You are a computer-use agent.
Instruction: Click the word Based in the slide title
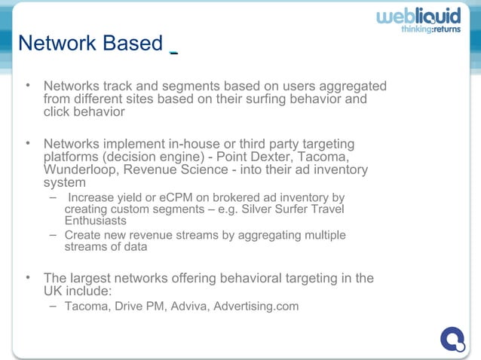(133, 44)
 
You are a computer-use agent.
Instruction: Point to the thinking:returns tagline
(430, 30)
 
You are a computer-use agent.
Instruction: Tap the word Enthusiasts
(96, 221)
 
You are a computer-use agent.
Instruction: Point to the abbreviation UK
(54, 290)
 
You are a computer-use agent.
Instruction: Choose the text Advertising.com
(256, 307)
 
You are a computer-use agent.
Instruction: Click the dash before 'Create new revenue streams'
(53, 235)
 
